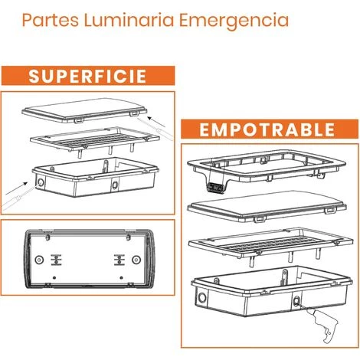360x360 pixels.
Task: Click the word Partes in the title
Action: click(51, 20)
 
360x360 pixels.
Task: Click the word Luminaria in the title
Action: click(129, 20)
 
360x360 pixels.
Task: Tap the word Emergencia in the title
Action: click(234, 21)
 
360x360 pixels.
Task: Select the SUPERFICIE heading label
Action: click(88, 76)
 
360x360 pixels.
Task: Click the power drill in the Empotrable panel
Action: click(323, 324)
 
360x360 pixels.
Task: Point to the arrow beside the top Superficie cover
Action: click(156, 122)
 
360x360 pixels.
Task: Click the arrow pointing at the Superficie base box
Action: click(16, 188)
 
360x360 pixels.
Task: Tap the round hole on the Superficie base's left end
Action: click(41, 183)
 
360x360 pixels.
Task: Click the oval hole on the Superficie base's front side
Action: click(115, 184)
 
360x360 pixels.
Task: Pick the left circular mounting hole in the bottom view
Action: click(39, 260)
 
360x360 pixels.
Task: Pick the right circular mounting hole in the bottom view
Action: click(136, 260)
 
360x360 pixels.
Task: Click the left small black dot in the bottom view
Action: click(54, 277)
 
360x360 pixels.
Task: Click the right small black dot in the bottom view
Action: click(121, 277)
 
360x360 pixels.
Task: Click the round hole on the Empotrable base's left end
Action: click(202, 298)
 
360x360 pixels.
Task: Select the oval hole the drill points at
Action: click(296, 302)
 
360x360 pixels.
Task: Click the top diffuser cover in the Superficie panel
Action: click(84, 110)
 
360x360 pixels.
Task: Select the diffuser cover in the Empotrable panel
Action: click(267, 205)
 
